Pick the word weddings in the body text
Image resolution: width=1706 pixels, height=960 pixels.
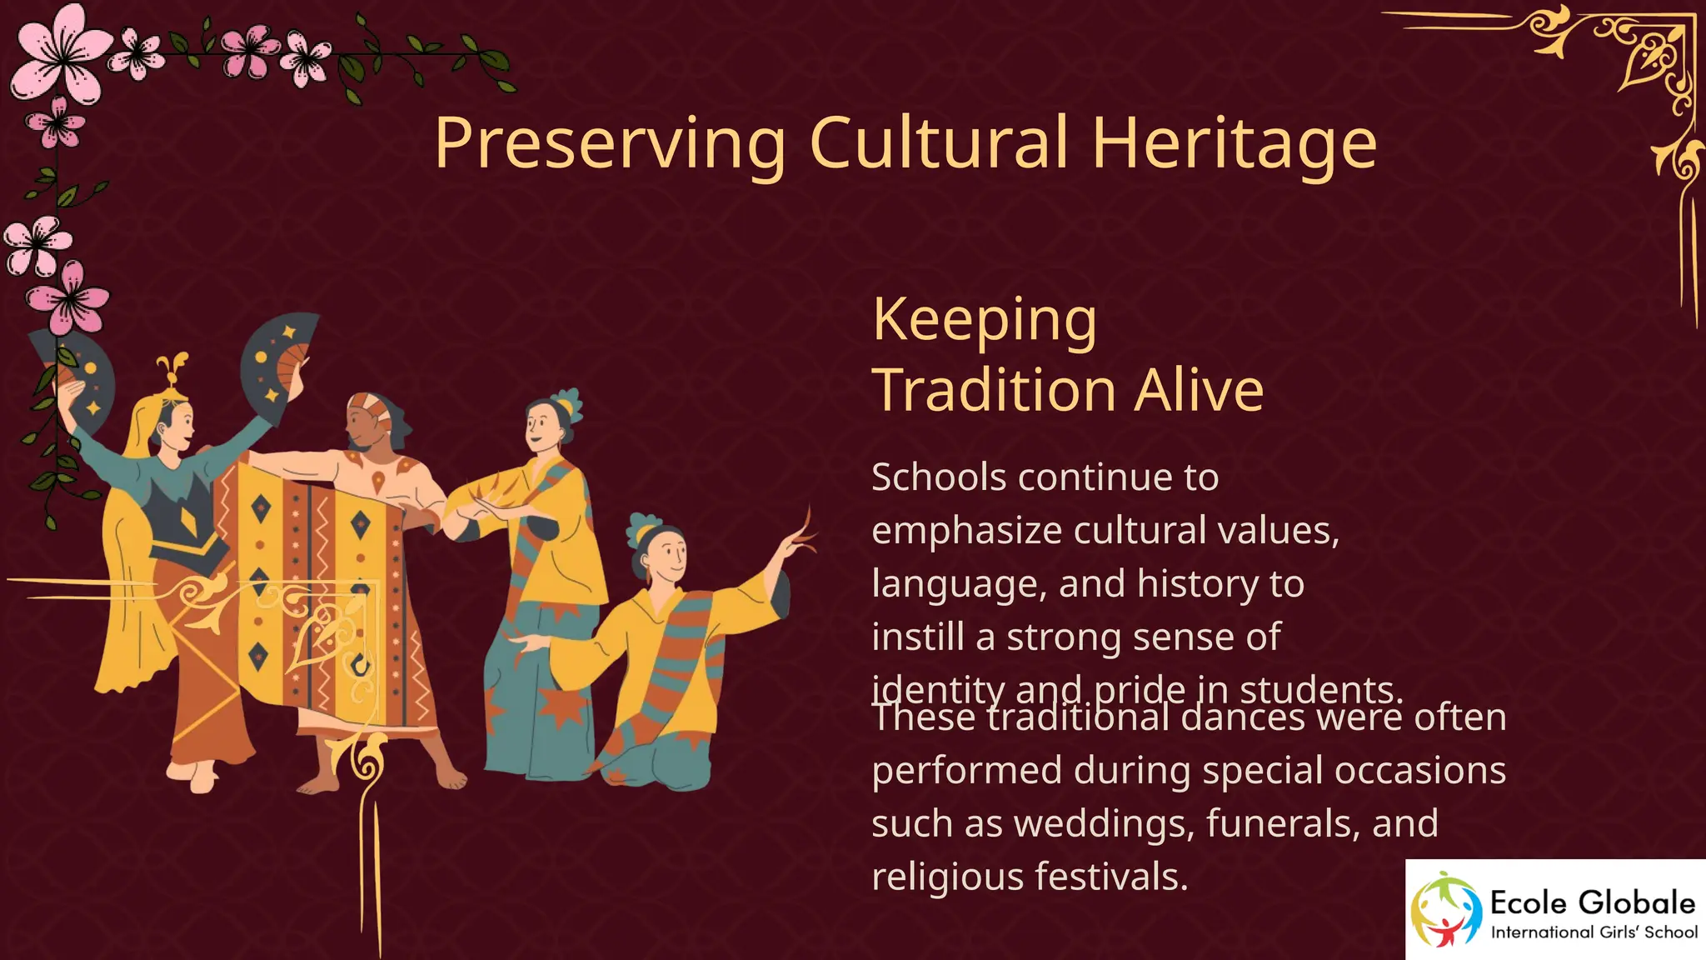tap(1103, 823)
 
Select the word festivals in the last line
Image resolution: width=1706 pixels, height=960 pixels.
tap(1111, 877)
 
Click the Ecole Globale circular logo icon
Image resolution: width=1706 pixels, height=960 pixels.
tap(1445, 910)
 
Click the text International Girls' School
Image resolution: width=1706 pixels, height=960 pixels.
tap(1594, 932)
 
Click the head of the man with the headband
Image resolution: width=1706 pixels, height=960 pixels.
tap(372, 421)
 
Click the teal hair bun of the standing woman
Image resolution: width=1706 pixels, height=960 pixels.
tap(568, 402)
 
